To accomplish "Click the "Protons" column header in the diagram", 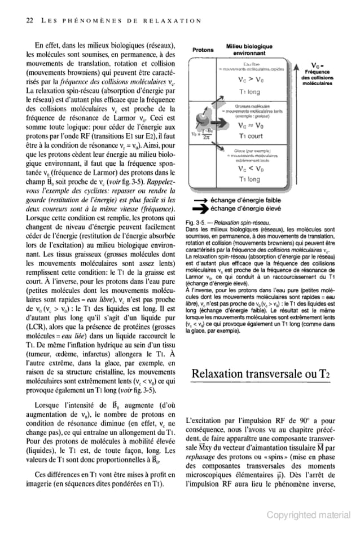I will (x=203, y=50).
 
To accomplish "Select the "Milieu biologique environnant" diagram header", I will (x=249, y=50).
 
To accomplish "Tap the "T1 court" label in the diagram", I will (x=250, y=136).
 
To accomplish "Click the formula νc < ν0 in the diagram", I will (x=250, y=168).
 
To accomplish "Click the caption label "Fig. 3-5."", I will (x=195, y=223).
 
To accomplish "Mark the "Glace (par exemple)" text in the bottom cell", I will (x=251, y=151).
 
